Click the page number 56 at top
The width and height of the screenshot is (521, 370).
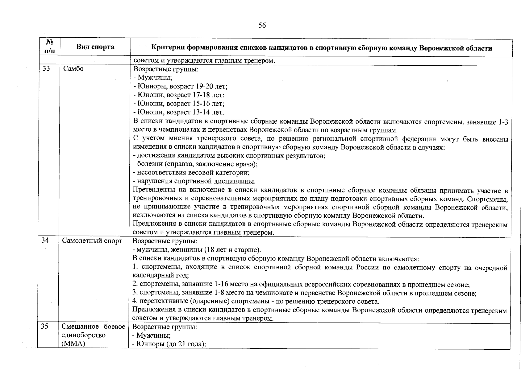click(x=262, y=25)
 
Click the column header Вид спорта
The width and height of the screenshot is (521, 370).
click(x=95, y=47)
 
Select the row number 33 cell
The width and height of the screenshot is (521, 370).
click(x=46, y=69)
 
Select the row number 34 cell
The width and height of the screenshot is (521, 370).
click(x=45, y=240)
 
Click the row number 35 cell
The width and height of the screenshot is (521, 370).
click(x=45, y=326)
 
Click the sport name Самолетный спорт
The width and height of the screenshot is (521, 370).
click(x=92, y=241)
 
